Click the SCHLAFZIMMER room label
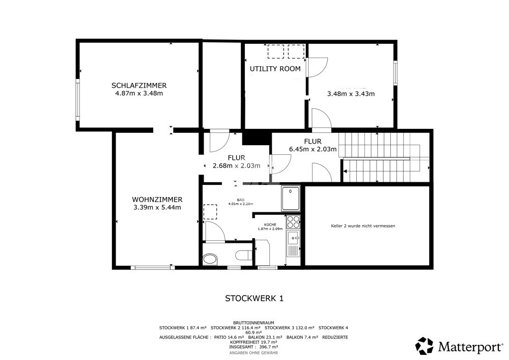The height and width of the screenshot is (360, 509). (139, 86)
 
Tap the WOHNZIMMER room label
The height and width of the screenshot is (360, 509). (157, 200)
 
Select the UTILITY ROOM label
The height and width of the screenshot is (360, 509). (275, 69)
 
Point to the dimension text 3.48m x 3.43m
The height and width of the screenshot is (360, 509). (351, 94)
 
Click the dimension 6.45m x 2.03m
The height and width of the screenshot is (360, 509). (313, 149)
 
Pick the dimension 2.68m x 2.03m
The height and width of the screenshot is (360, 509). (236, 166)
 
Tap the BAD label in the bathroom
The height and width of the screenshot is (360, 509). (241, 200)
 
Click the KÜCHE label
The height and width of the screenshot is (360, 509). (270, 225)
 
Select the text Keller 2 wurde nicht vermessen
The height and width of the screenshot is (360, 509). (363, 226)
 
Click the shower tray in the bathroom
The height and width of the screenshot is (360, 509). (291, 199)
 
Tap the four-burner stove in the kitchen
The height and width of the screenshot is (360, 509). (293, 222)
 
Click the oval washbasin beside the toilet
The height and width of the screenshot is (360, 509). (210, 259)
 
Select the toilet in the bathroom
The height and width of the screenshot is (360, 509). (243, 255)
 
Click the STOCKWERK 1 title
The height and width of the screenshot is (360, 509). (254, 298)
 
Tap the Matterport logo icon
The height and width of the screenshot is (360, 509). (425, 346)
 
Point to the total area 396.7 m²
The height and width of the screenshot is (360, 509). (268, 347)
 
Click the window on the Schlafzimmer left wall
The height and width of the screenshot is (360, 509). (77, 100)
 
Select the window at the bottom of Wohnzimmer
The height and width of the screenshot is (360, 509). (153, 268)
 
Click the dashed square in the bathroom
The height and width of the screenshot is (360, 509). (210, 212)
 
